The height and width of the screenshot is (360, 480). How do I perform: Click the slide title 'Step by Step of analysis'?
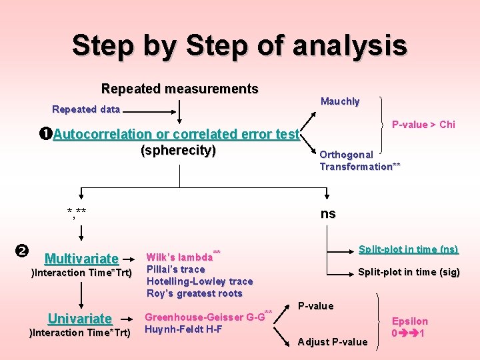point(239,45)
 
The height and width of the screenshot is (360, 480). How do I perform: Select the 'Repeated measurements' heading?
point(179,89)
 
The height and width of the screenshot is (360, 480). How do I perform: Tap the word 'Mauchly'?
point(340,101)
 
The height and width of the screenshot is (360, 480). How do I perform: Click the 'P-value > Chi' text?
point(423,125)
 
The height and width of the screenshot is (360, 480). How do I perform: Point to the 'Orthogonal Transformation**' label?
point(360,161)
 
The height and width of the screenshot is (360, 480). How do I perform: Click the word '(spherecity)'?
point(178,151)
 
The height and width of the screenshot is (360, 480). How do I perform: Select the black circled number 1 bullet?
point(46,134)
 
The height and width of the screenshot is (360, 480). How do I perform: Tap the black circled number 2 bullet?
point(21,251)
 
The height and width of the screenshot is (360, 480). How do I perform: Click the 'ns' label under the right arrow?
point(328,214)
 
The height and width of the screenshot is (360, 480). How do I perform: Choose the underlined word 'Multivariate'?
point(81,259)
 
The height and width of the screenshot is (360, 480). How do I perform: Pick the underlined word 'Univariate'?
point(80,319)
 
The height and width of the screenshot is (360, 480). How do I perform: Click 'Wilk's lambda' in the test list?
point(179,257)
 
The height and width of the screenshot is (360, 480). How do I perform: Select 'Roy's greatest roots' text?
point(195,293)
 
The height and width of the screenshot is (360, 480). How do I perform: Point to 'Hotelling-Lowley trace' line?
point(200,281)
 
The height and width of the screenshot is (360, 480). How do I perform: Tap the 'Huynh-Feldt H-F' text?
point(183,329)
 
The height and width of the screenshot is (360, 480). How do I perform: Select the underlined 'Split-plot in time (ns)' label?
point(408,249)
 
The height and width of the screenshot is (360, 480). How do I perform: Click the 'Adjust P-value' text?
point(333,342)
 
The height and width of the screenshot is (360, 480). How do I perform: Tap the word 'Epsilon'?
point(409,321)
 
